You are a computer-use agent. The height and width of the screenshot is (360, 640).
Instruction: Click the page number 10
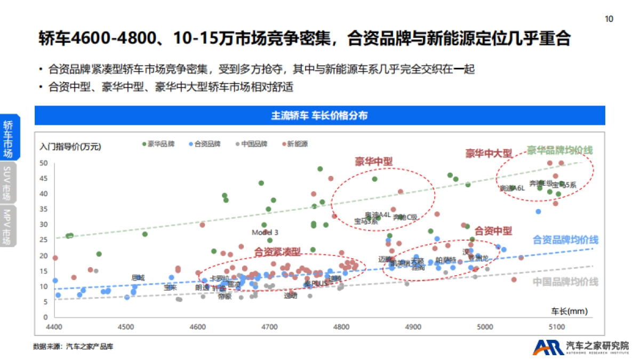pyautogui.click(x=609, y=19)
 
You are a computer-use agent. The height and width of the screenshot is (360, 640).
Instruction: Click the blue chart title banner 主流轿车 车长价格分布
pyautogui.click(x=319, y=116)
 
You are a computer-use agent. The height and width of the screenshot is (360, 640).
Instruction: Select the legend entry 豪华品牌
pyautogui.click(x=157, y=144)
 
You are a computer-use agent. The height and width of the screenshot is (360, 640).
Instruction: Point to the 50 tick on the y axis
pyautogui.click(x=44, y=163)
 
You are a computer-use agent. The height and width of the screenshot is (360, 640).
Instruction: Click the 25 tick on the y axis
pyautogui.click(x=44, y=241)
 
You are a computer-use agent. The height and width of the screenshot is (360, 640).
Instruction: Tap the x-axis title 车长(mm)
pyautogui.click(x=569, y=310)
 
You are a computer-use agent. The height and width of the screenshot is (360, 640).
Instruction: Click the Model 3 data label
pyautogui.click(x=265, y=233)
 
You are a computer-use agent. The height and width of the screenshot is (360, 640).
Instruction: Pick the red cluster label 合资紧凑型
pyautogui.click(x=277, y=251)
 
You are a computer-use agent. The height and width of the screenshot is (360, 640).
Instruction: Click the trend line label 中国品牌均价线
pyautogui.click(x=565, y=282)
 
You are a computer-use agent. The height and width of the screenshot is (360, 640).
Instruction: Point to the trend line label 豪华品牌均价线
pyautogui.click(x=559, y=150)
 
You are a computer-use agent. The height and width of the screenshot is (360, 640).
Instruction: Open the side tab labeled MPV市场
pyautogui.click(x=7, y=227)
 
